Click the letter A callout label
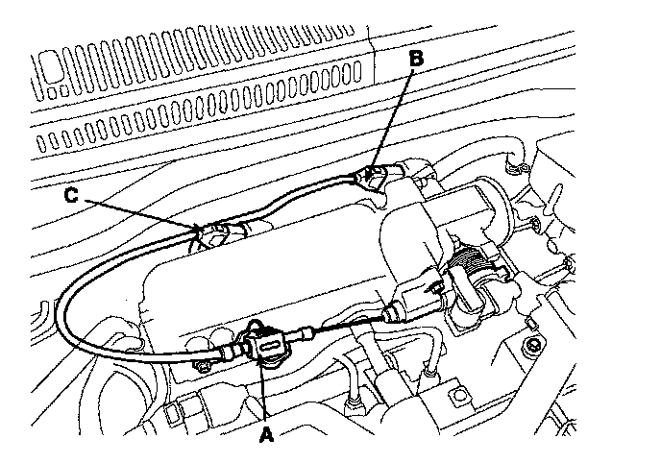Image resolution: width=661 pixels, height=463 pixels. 266,433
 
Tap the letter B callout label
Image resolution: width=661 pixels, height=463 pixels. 415,60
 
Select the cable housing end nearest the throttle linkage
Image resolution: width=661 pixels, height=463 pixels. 394,312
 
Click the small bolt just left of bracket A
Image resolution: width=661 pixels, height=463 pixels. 204,365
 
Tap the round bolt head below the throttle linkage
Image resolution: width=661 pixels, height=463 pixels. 529,343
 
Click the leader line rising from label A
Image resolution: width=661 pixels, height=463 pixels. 262,394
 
